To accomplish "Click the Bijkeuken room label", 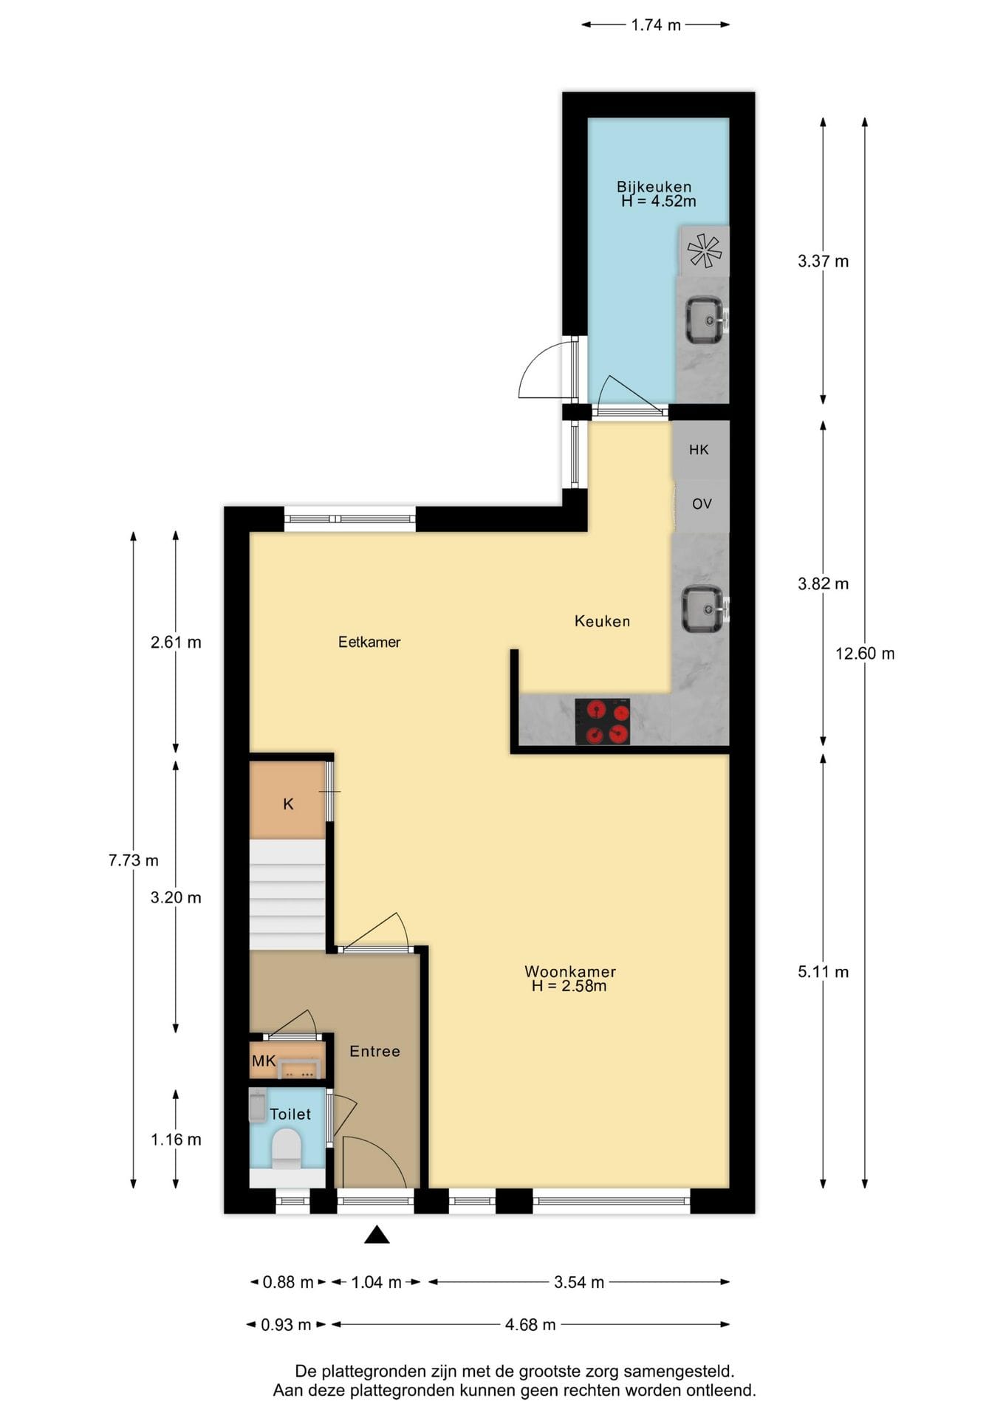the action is (x=654, y=187).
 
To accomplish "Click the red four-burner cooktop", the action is (x=603, y=722).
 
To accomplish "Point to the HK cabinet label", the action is (x=699, y=450).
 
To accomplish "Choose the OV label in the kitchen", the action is (x=702, y=504).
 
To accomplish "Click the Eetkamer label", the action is (x=369, y=642).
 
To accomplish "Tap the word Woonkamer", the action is (x=570, y=972).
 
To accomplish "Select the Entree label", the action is (x=374, y=1051).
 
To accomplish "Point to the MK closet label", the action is (x=264, y=1061).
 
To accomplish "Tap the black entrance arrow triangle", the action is (x=377, y=1234).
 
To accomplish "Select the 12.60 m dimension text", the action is (x=865, y=654).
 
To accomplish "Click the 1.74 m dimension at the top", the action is (x=656, y=25).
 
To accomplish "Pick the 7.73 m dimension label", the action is (x=134, y=860).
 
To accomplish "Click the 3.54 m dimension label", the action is (x=579, y=1282).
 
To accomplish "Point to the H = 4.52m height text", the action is (x=658, y=201).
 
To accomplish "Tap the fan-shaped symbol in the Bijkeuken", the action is (x=705, y=250).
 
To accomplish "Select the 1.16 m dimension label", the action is (x=176, y=1140).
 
